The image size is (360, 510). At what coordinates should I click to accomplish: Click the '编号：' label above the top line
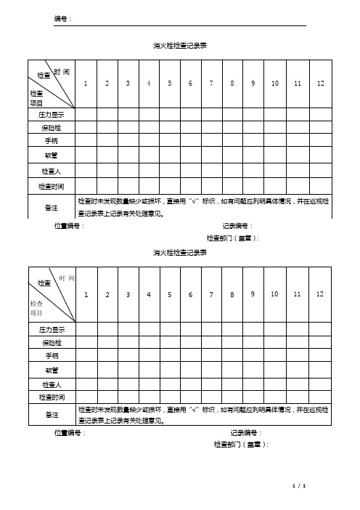tap(63, 17)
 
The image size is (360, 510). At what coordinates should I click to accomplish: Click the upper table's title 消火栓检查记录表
tap(180, 45)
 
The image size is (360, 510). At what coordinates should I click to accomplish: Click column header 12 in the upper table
tap(320, 84)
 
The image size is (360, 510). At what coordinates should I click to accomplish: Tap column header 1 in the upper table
tap(86, 84)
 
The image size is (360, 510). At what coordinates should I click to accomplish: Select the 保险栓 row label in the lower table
tap(52, 342)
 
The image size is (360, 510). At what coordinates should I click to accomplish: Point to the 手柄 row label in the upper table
tap(52, 141)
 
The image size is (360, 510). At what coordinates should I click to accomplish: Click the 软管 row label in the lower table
tap(52, 370)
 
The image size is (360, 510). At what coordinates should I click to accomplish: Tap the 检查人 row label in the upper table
tap(52, 171)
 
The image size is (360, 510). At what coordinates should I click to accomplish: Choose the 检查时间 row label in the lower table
tap(52, 397)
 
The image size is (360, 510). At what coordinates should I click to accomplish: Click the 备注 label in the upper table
tap(52, 206)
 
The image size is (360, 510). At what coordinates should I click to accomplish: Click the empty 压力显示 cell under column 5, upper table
tap(169, 114)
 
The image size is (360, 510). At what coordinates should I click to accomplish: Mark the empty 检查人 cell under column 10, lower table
tap(275, 384)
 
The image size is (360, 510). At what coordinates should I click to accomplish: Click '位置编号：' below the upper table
tap(70, 226)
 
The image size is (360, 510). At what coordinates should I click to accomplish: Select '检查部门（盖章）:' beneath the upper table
tap(233, 238)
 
